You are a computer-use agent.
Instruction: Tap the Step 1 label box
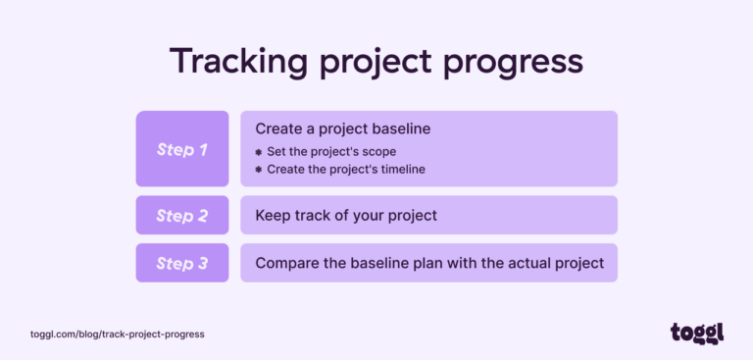(x=182, y=149)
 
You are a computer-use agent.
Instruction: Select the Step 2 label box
(x=182, y=215)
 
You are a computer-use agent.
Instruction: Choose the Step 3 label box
(x=182, y=263)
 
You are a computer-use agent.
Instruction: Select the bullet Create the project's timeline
(x=346, y=169)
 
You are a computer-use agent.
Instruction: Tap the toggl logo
(x=696, y=333)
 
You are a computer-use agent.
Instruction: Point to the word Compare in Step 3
(x=285, y=263)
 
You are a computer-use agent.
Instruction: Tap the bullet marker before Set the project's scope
(x=259, y=152)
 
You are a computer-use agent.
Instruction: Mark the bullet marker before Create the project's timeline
(x=259, y=169)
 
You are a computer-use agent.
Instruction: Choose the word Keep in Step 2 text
(x=272, y=215)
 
